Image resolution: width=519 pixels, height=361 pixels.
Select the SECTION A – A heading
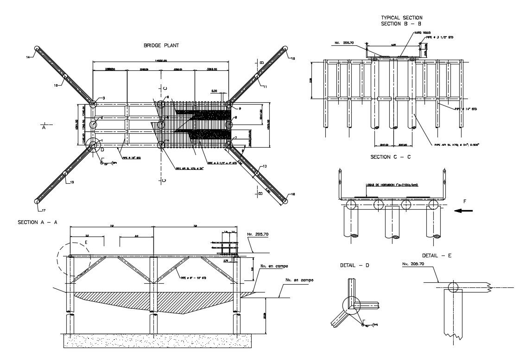click(x=38, y=222)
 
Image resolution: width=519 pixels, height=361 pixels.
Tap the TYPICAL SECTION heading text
click(x=401, y=18)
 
